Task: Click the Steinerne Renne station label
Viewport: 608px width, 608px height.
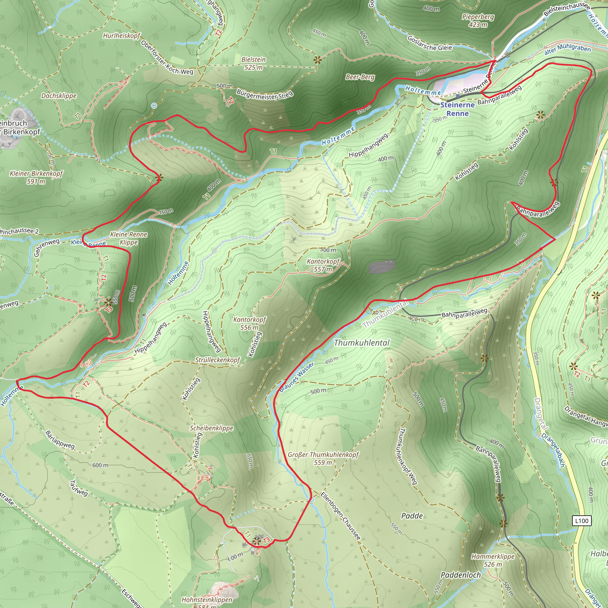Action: click(x=457, y=109)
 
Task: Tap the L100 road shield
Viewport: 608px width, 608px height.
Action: click(x=582, y=521)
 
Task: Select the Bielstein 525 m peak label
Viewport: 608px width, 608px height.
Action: click(x=253, y=63)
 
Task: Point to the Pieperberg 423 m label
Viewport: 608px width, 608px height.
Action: click(x=478, y=20)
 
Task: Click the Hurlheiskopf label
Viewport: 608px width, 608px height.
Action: click(x=121, y=36)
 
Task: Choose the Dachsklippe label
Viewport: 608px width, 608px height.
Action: click(x=59, y=96)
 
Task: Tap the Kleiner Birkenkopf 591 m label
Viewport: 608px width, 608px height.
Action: click(x=36, y=177)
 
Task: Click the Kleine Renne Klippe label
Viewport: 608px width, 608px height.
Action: click(x=129, y=238)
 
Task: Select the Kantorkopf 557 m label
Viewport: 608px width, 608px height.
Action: click(x=323, y=265)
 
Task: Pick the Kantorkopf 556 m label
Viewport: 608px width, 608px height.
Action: click(x=250, y=323)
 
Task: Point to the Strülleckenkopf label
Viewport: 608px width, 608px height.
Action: click(x=217, y=360)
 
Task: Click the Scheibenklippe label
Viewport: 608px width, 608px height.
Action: click(x=211, y=428)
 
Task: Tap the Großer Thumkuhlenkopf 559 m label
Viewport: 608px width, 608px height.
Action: click(x=323, y=458)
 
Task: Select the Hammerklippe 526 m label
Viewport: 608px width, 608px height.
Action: click(x=493, y=560)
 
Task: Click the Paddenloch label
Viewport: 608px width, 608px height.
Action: click(x=461, y=575)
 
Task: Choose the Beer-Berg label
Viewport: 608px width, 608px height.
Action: click(x=360, y=77)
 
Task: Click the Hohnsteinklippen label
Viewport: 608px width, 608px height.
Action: click(x=207, y=599)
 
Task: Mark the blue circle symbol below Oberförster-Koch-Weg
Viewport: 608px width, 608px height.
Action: click(x=154, y=106)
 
